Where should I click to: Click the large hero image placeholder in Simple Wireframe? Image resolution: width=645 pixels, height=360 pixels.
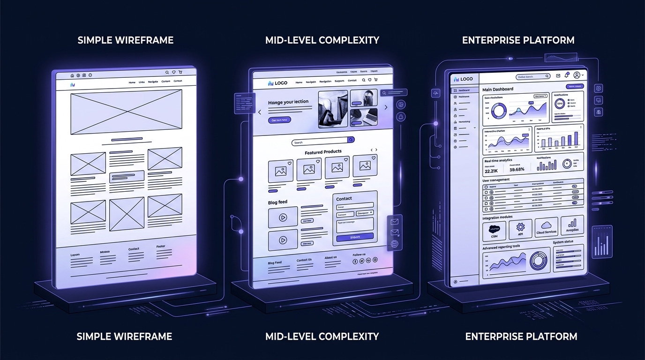point(126,112)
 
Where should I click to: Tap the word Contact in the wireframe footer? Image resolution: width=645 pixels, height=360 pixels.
point(134,249)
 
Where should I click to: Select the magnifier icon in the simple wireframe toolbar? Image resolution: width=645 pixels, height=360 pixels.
point(167,73)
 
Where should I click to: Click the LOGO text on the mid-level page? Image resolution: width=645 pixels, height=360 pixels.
point(281,83)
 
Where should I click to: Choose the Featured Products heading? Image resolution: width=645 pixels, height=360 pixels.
point(323,152)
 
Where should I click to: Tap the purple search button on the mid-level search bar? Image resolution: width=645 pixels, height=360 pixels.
point(351,140)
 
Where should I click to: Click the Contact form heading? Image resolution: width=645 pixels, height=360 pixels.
point(344,199)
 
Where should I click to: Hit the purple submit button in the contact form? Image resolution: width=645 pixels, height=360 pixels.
point(355,237)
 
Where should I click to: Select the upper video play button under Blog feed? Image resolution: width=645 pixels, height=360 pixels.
point(283,217)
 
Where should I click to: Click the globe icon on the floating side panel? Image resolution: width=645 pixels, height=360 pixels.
point(394,244)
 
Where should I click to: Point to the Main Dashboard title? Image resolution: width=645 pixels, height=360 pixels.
point(498,89)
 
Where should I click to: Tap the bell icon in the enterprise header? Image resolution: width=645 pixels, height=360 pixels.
point(567,75)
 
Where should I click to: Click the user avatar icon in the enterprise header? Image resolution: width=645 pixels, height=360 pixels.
point(577,75)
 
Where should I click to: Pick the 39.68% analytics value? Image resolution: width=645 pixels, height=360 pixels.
point(517,170)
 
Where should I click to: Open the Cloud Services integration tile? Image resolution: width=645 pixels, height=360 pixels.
point(546,227)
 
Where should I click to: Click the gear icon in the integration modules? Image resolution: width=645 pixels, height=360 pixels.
point(520,227)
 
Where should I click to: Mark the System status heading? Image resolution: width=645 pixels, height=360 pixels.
point(562,242)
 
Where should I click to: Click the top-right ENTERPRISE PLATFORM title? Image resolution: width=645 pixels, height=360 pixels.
point(518,40)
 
